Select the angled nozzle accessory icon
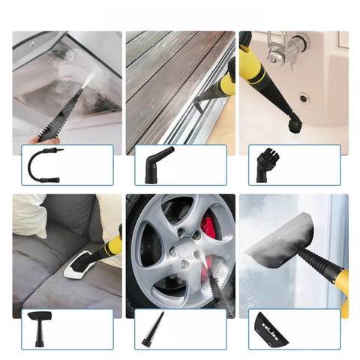point(155,164)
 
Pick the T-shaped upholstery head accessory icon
point(39,327)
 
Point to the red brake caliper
point(208,227)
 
